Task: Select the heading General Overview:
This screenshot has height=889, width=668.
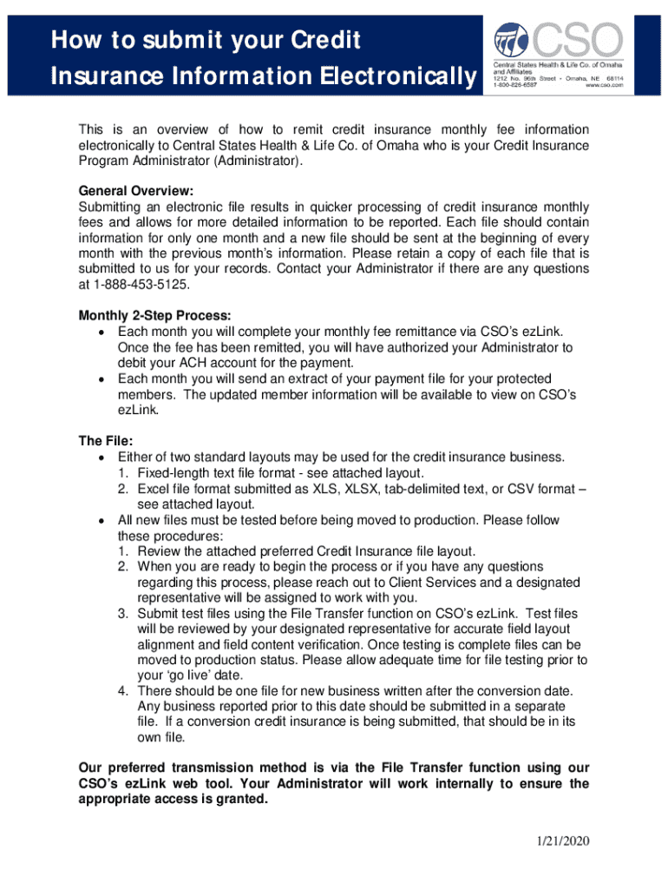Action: (x=135, y=190)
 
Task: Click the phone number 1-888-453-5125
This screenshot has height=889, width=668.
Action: (x=139, y=285)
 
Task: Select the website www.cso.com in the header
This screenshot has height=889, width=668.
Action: (x=605, y=85)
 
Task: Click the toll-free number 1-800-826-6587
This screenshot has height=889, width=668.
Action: (x=516, y=85)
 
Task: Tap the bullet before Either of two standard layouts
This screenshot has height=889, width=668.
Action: (x=102, y=457)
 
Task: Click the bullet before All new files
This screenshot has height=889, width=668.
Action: (x=102, y=520)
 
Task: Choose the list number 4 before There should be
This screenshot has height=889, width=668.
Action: (x=124, y=690)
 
